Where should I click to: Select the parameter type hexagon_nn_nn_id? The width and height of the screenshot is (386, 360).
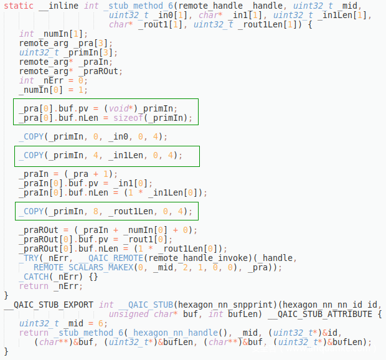pyautogui.click(x=320, y=305)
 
